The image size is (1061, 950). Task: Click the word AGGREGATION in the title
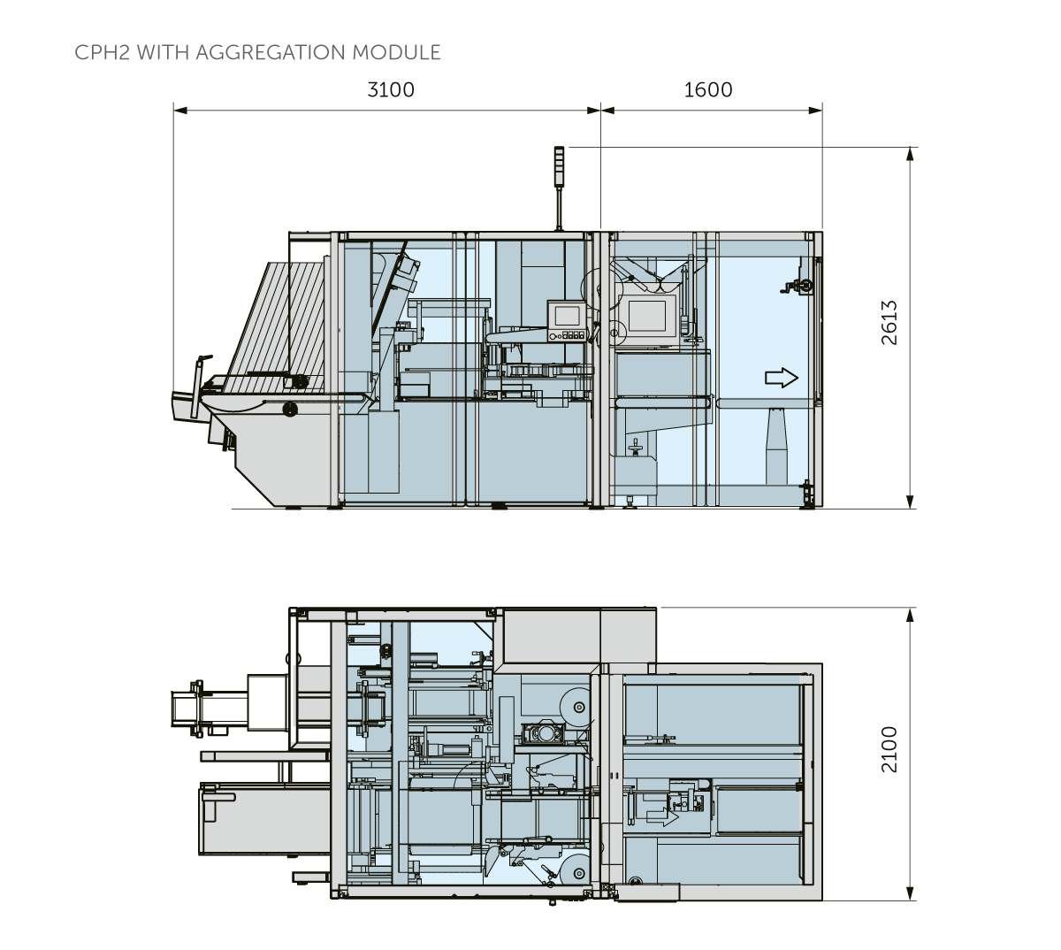[x=271, y=53]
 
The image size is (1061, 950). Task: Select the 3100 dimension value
[x=390, y=90]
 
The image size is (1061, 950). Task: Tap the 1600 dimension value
[x=708, y=90]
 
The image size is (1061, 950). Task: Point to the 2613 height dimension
[x=889, y=323]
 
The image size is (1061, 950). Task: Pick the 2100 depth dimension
[x=889, y=749]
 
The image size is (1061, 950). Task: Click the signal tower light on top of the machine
[x=559, y=167]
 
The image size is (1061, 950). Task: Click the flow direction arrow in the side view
[x=781, y=378]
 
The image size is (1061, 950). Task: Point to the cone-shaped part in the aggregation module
[x=777, y=446]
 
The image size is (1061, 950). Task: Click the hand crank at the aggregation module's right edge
[x=800, y=285]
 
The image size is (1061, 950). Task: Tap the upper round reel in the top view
[x=578, y=707]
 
